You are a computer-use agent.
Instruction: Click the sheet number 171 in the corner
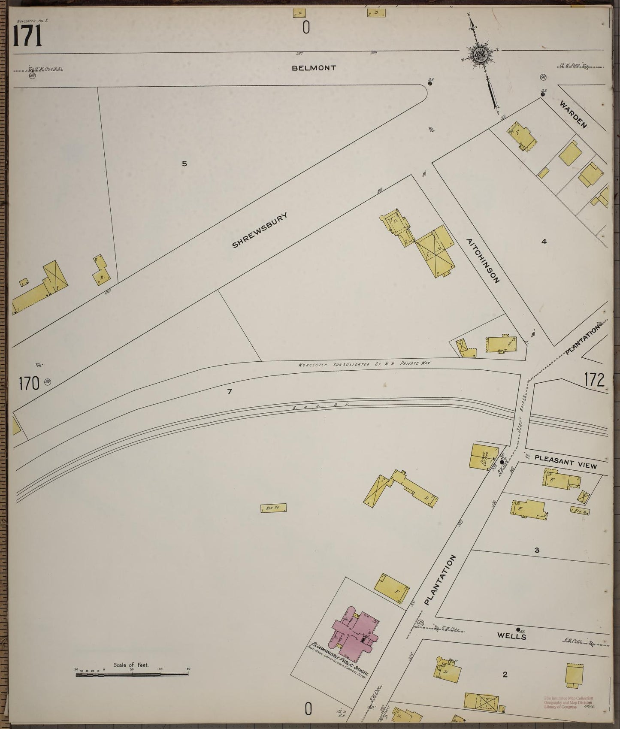[27, 36]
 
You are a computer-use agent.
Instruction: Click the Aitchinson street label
[484, 261]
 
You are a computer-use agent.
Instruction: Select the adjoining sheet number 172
[594, 380]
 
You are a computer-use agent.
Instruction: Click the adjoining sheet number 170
[29, 383]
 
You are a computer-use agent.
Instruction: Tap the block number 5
[184, 163]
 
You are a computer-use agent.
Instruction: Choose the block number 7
[230, 391]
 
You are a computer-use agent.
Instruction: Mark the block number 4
[544, 242]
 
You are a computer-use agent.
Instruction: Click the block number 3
[536, 550]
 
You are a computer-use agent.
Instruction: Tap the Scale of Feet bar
[132, 675]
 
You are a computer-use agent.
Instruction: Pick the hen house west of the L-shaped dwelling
[273, 508]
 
